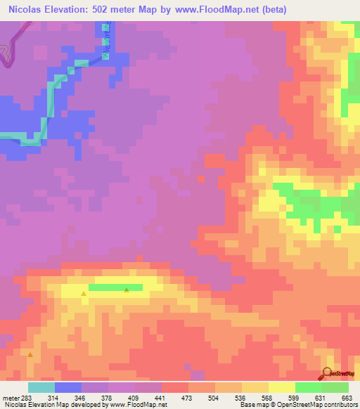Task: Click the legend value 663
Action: click(346, 398)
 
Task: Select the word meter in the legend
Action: click(12, 398)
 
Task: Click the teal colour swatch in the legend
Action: click(41, 387)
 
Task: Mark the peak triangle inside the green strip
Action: click(127, 290)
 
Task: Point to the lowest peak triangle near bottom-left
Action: click(30, 355)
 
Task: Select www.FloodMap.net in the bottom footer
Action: click(134, 405)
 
